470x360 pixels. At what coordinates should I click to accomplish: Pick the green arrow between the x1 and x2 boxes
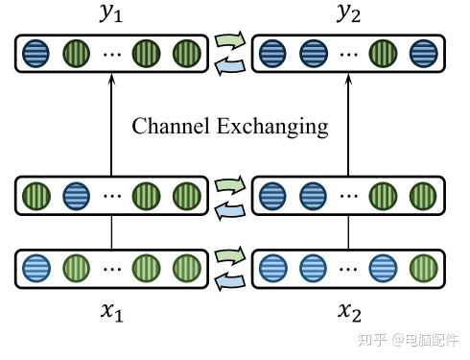[230, 255]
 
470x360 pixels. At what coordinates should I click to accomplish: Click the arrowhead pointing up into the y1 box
[112, 80]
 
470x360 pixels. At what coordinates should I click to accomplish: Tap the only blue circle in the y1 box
[35, 52]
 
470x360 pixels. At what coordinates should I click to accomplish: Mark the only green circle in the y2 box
[383, 52]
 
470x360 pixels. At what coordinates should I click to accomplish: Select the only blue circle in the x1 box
[35, 266]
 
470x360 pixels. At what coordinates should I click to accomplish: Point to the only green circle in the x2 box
[422, 266]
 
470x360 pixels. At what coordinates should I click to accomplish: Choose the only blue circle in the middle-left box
[75, 197]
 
